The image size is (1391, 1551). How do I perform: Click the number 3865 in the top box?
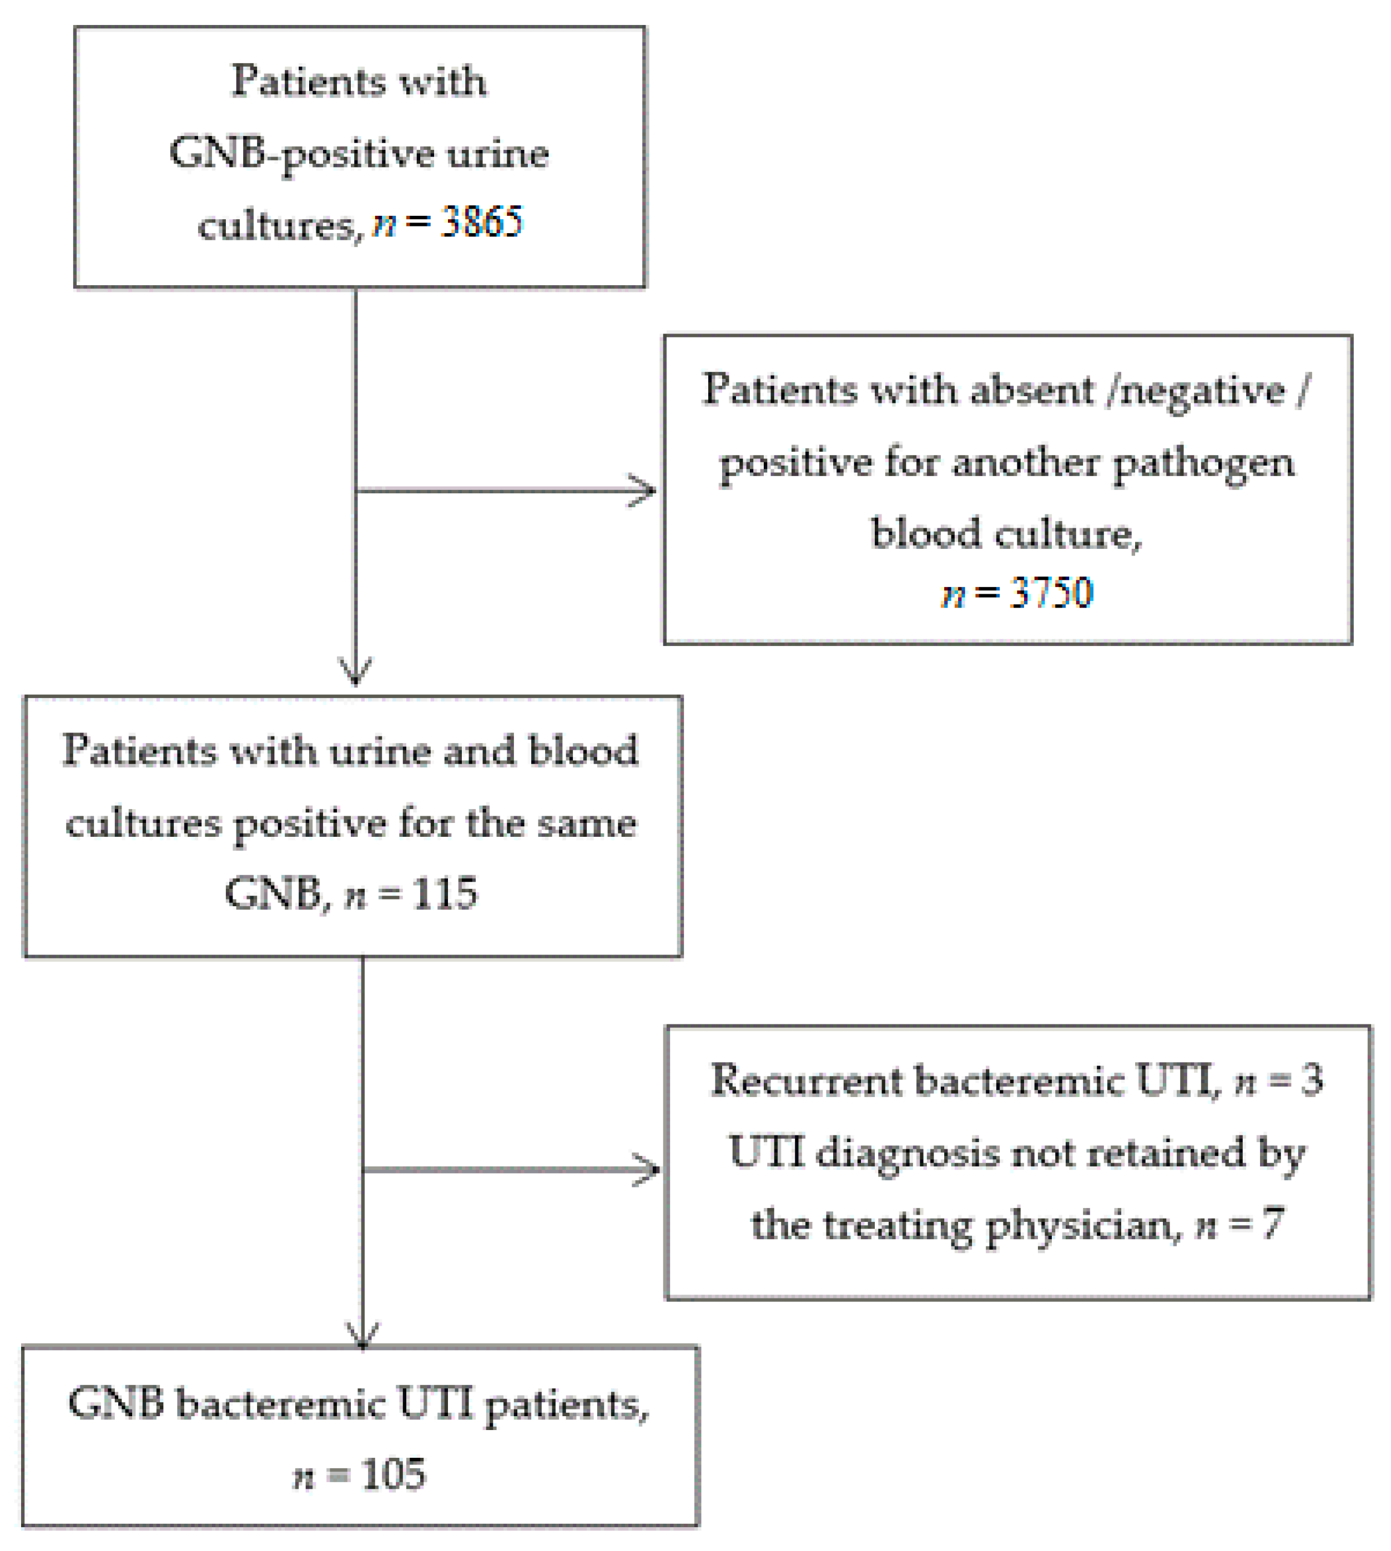[481, 223]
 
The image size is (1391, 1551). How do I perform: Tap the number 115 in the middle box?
[445, 892]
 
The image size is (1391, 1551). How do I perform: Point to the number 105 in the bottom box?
[393, 1474]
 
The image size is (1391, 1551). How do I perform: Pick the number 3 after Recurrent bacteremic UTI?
[1312, 1080]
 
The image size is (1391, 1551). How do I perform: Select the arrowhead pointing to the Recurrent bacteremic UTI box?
[648, 1170]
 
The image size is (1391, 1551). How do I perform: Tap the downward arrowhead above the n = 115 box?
[355, 673]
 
